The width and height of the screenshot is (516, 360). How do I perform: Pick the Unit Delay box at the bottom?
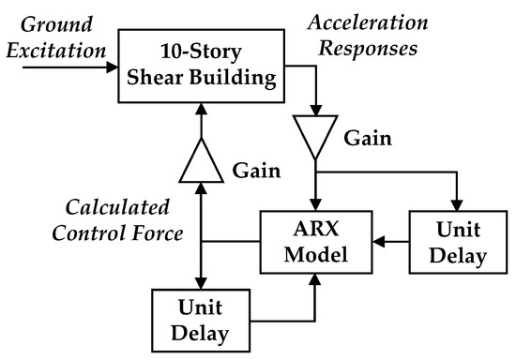tap(202, 320)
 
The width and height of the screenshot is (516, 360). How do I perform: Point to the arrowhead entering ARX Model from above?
tap(318, 206)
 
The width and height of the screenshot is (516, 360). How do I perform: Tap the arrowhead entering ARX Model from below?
tap(318, 278)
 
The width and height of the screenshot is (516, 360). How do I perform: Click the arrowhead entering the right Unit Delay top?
tap(457, 206)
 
